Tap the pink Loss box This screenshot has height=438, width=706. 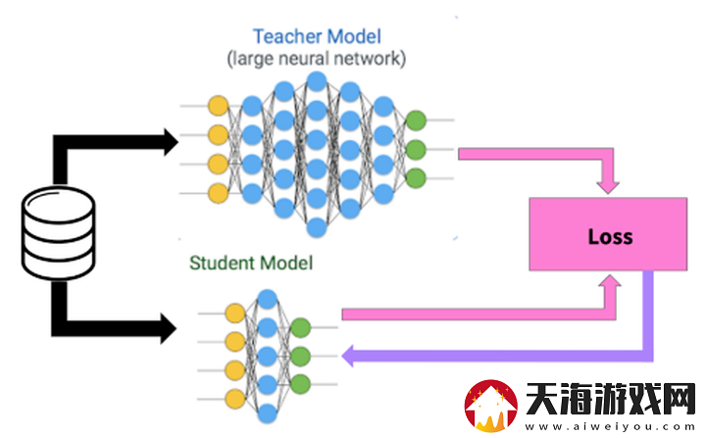tap(608, 234)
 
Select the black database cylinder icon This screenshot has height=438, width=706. tap(59, 233)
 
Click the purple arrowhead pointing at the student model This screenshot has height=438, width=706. tap(347, 356)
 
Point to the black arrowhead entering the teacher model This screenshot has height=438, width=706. tap(171, 142)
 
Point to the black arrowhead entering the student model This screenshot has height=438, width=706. tap(169, 328)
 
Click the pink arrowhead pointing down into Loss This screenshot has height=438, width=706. tap(608, 187)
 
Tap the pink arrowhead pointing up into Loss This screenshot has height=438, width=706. tap(610, 281)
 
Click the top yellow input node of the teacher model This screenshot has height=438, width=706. tap(219, 106)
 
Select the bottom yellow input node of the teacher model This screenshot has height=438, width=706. tap(219, 193)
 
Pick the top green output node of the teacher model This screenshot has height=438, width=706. tap(416, 121)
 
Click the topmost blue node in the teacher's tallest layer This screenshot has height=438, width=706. tap(317, 82)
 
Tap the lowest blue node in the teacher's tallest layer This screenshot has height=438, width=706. tap(317, 227)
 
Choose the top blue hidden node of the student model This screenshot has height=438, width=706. tap(268, 299)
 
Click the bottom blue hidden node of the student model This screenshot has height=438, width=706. tap(268, 414)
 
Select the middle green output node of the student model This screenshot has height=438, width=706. tap(300, 356)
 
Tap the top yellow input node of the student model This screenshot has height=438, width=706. tap(235, 314)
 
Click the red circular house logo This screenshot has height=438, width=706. tap(491, 406)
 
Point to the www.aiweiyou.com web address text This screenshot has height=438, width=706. tap(610, 426)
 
